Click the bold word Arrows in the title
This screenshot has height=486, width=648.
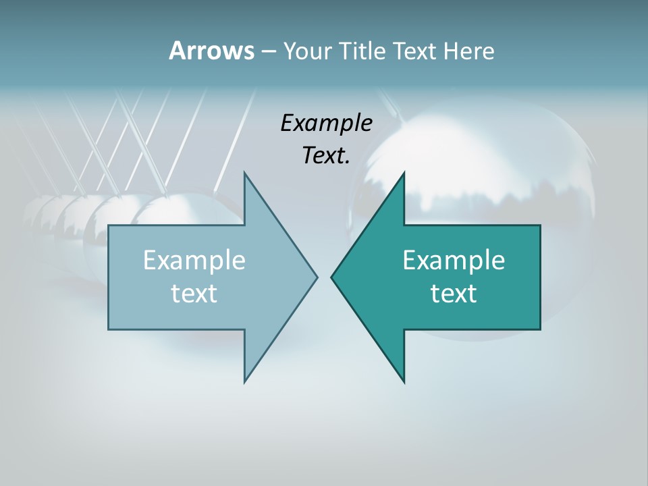[211, 51]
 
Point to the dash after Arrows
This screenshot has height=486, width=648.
[267, 51]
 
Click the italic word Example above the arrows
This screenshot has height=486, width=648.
[326, 124]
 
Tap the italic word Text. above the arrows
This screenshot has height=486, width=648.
[326, 156]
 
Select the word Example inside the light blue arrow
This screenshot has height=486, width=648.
[194, 260]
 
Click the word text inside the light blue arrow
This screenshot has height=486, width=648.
[194, 294]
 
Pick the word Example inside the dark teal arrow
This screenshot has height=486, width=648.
[454, 260]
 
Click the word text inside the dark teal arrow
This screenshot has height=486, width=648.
[454, 294]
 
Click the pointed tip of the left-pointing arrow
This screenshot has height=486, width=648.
[332, 277]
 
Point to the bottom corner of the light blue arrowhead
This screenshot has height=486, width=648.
[245, 381]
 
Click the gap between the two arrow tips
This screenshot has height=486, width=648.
[324, 277]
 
